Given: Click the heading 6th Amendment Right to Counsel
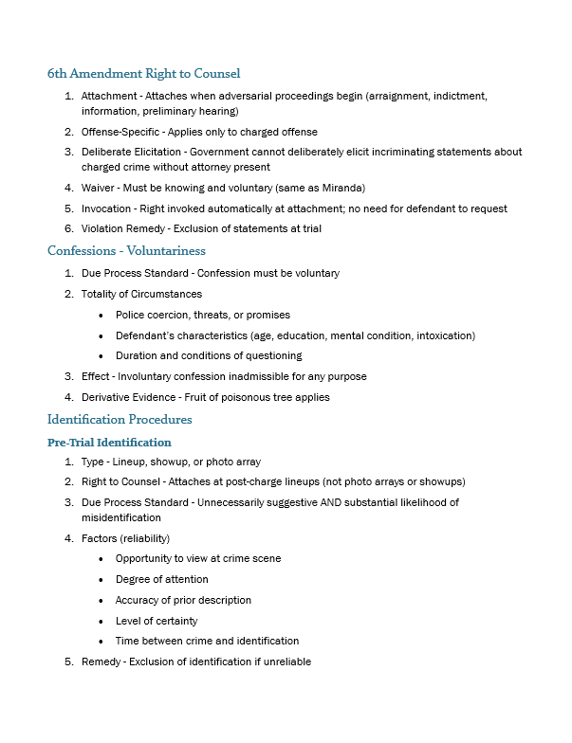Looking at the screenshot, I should pyautogui.click(x=143, y=73).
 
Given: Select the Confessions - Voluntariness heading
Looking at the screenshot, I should pyautogui.click(x=126, y=251).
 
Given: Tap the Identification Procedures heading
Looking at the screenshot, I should pyautogui.click(x=120, y=419).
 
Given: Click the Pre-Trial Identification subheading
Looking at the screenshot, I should pyautogui.click(x=109, y=442).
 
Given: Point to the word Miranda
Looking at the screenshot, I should pyautogui.click(x=343, y=188).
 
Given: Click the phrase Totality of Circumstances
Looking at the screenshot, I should pyautogui.click(x=141, y=294).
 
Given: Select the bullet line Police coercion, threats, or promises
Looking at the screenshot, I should pyautogui.click(x=203, y=315).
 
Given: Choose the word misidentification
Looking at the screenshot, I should pyautogui.click(x=121, y=517).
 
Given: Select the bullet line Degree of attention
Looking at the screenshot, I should pyautogui.click(x=162, y=579).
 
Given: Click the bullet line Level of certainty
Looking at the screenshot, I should pyautogui.click(x=157, y=621).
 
